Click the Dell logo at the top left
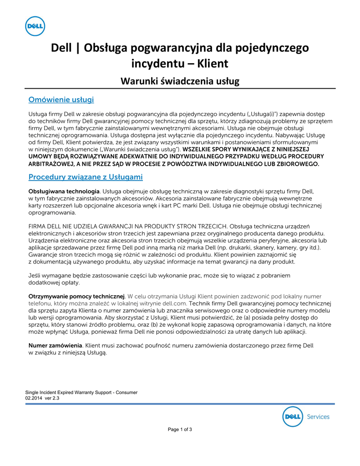34,26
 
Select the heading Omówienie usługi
61,99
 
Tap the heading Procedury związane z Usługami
86,177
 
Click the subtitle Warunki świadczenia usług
180,81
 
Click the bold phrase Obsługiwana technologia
64,192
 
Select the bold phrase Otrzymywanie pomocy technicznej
76,296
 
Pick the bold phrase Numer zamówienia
56,345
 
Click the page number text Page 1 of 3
180,429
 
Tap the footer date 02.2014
34,398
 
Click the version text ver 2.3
52,398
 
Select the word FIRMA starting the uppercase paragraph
38,226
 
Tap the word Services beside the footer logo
318,416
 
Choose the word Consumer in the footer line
126,392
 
